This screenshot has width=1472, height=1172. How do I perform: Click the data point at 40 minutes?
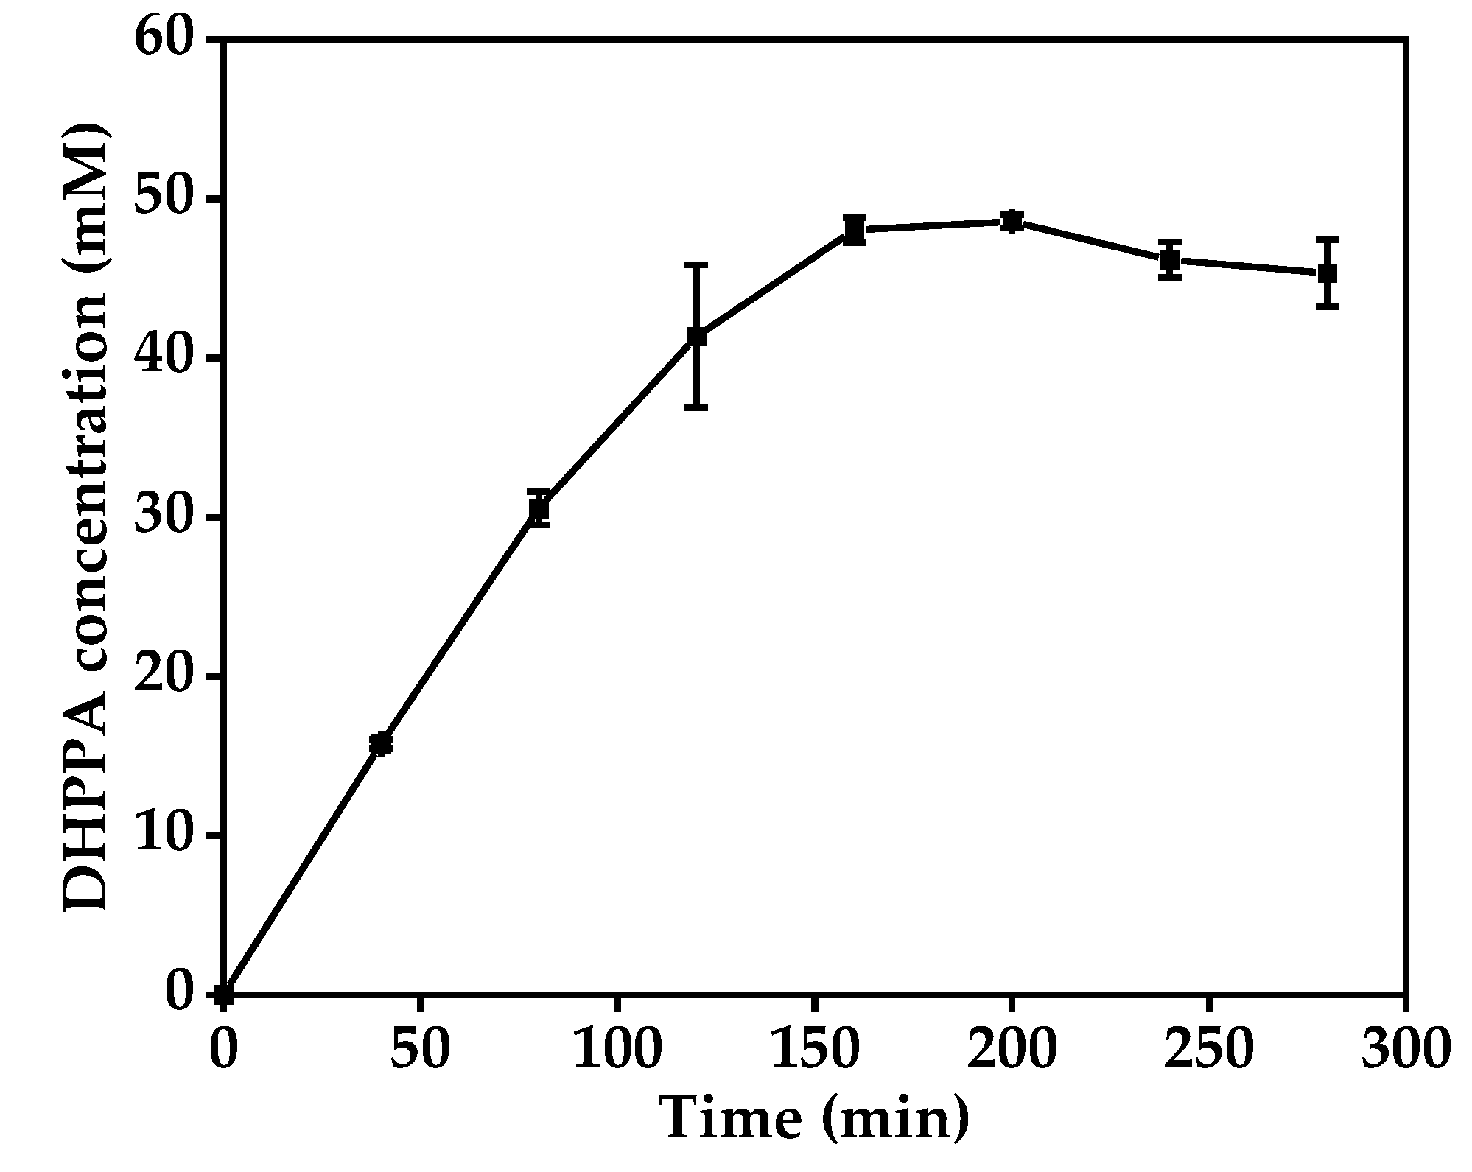(381, 745)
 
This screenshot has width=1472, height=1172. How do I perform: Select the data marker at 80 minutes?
(539, 508)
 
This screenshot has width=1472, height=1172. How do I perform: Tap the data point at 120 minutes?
(696, 337)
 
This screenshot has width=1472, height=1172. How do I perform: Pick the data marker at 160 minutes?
(854, 230)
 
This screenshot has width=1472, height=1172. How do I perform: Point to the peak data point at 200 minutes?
(1012, 221)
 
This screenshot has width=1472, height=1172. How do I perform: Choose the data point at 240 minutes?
(1169, 259)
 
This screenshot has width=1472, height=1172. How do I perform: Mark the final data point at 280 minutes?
(1327, 273)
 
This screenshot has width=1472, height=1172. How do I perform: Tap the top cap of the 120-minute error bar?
(696, 264)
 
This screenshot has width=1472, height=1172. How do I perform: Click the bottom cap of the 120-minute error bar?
(696, 407)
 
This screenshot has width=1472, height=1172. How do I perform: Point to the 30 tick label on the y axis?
(167, 518)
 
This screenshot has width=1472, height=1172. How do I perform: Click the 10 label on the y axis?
(167, 836)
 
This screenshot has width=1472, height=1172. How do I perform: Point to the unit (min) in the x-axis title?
(895, 1120)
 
